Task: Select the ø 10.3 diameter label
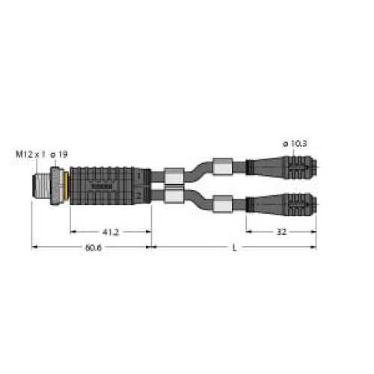tap(295, 143)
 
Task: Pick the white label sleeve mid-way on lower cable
tap(223, 200)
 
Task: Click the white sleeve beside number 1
tap(172, 173)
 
